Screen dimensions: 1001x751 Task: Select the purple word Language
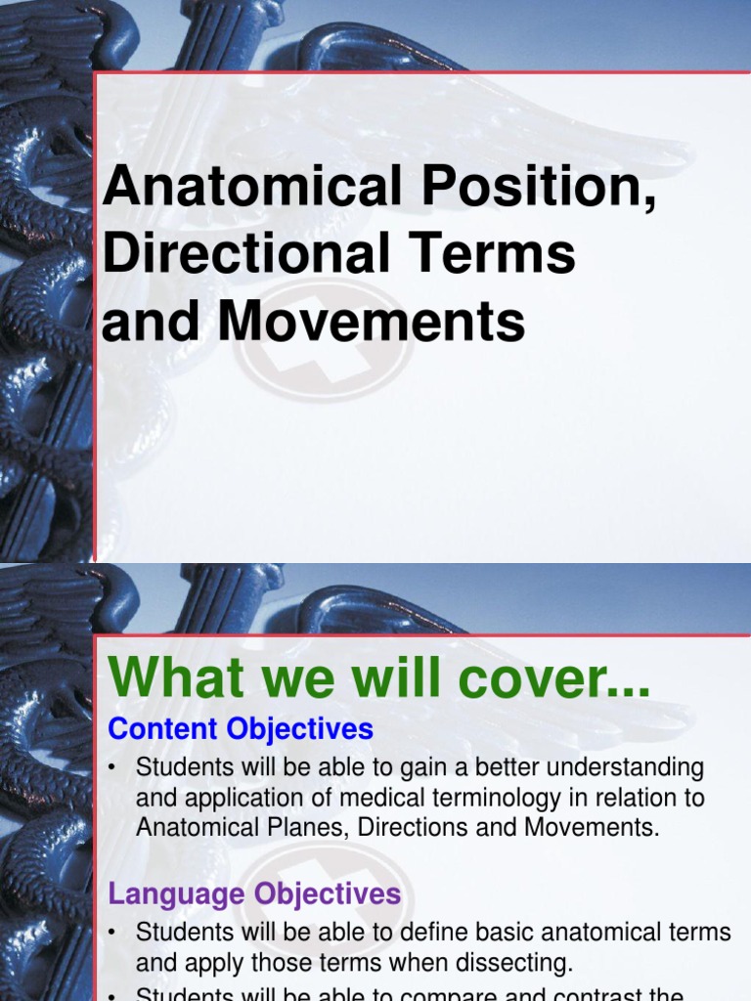pos(177,893)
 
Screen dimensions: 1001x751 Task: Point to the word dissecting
pos(509,963)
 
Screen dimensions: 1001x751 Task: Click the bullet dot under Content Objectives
pos(114,768)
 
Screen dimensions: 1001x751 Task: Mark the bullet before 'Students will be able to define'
pos(114,933)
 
